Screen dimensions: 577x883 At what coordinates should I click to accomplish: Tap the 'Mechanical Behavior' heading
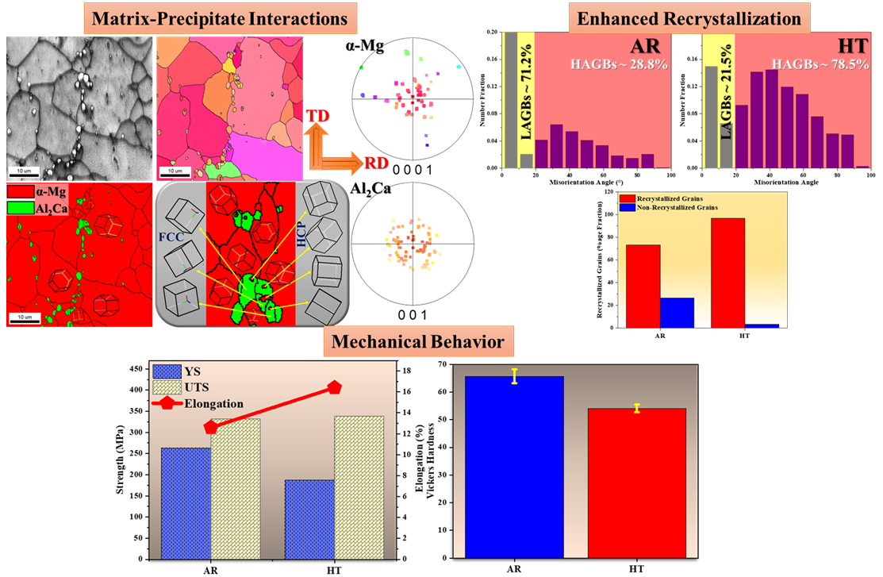point(419,342)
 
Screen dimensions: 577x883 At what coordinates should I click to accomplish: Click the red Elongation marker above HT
point(334,387)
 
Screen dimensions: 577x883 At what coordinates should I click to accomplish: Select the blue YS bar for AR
point(186,502)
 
